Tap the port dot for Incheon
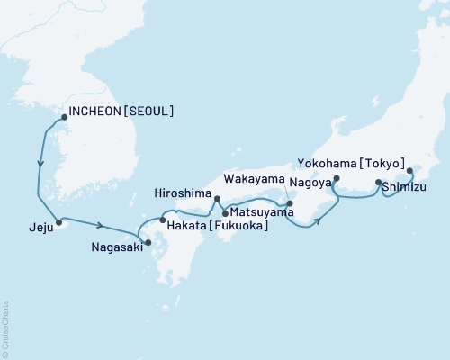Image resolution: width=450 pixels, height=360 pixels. [x=64, y=116]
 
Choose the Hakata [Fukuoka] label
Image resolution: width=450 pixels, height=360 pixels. [x=214, y=228]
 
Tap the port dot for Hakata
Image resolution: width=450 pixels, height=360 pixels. [x=162, y=220]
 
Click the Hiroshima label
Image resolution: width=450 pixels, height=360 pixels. [x=183, y=194]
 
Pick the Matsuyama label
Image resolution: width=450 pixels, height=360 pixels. [x=261, y=212]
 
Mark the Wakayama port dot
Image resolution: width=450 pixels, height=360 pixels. [x=290, y=202]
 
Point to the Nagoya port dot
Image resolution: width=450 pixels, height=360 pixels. [x=335, y=179]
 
